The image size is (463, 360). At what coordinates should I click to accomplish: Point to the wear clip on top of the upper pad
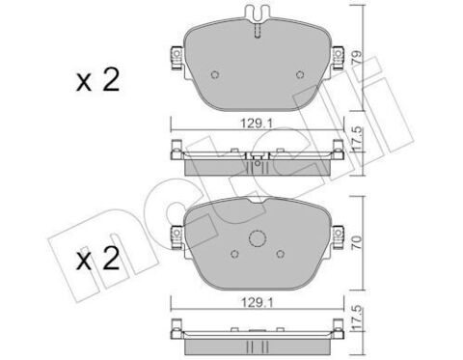(x=256, y=15)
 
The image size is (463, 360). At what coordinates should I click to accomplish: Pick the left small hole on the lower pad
(x=235, y=255)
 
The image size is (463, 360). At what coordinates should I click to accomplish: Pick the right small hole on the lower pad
(x=278, y=255)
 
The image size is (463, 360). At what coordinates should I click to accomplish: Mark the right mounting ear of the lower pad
(x=338, y=232)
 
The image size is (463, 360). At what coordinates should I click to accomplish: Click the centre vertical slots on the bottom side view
(x=256, y=342)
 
